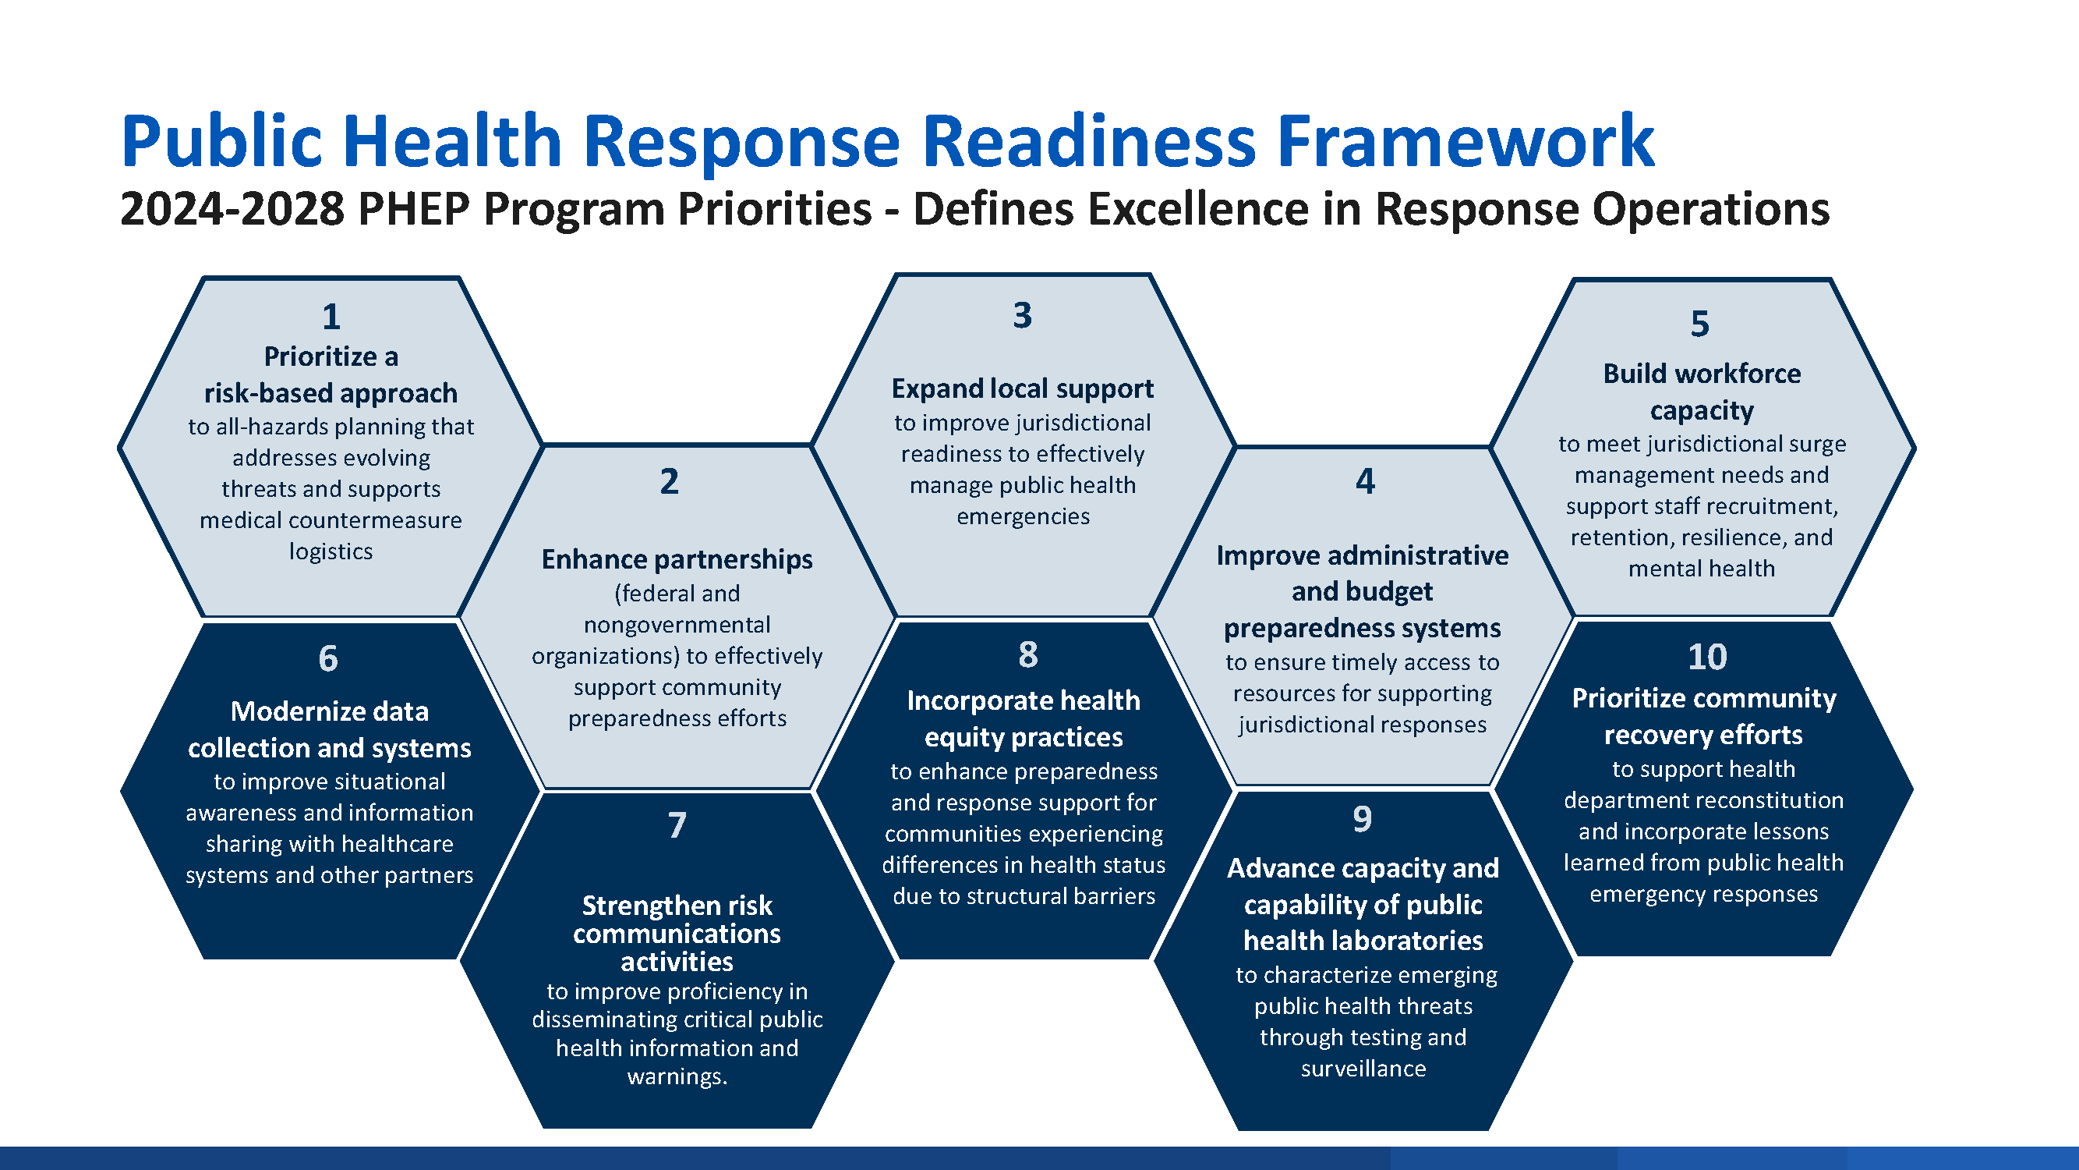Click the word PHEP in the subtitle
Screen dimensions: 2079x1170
point(413,209)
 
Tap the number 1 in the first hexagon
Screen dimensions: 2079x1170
point(331,317)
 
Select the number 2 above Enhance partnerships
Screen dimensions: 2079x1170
point(669,481)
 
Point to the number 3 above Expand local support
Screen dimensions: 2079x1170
point(1023,315)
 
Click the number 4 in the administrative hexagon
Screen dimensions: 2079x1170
point(1365,481)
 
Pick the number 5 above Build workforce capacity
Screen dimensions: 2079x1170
point(1699,324)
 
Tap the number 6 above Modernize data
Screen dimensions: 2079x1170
point(328,659)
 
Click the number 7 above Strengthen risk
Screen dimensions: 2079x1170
point(677,825)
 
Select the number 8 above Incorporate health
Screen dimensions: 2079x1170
point(1028,654)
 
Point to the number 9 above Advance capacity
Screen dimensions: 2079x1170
point(1363,819)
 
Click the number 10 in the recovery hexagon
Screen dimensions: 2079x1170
point(1708,657)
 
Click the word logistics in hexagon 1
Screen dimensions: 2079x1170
point(331,551)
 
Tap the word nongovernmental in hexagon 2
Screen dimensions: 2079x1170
point(677,625)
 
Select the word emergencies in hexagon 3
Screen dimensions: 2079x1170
point(1024,517)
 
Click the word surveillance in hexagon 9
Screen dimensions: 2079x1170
point(1363,1069)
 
